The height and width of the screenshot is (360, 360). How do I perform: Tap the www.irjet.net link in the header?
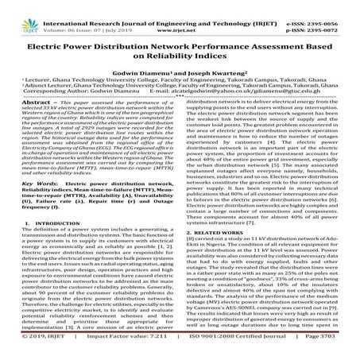tap(177, 15)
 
